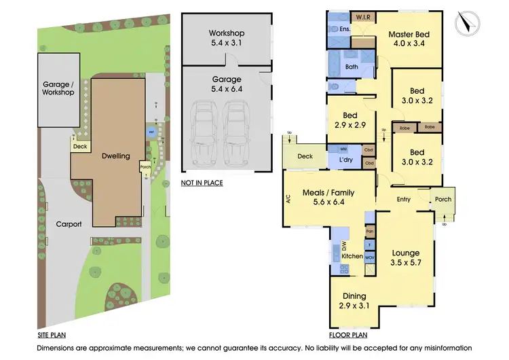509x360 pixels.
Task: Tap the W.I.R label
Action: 361,17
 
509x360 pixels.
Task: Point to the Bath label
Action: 352,67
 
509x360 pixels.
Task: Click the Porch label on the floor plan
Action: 443,199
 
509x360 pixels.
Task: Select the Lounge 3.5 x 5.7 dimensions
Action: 406,264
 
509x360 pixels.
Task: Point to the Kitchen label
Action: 352,256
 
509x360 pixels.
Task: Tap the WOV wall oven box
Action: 370,258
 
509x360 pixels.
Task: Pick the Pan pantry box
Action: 370,232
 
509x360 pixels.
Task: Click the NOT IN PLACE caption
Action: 202,183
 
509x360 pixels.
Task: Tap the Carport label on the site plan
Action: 69,223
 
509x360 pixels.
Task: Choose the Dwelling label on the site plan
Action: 115,156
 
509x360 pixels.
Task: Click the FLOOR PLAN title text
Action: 348,336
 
